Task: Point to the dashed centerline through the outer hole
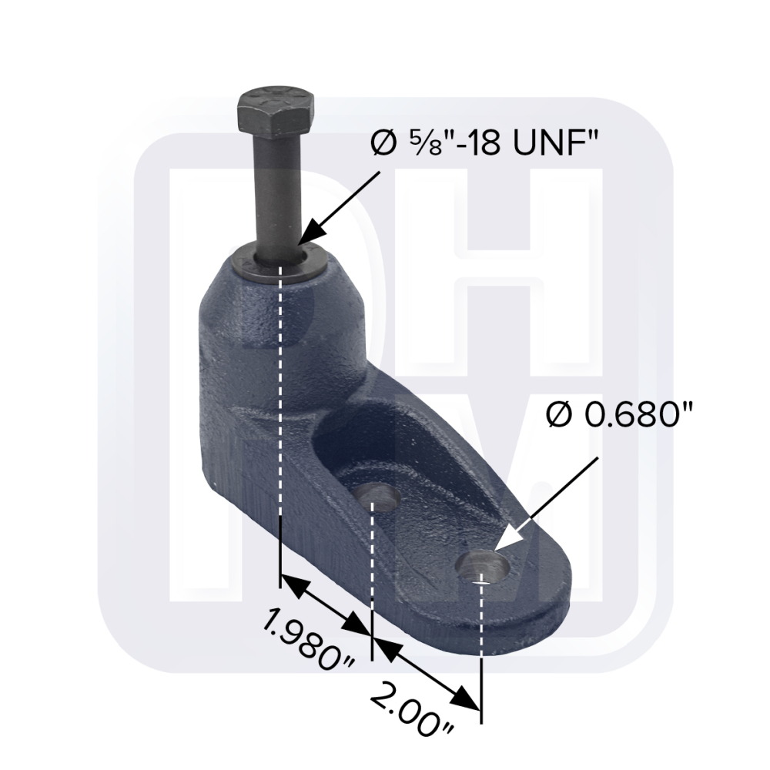click(481, 647)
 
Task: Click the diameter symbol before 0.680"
click(557, 417)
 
